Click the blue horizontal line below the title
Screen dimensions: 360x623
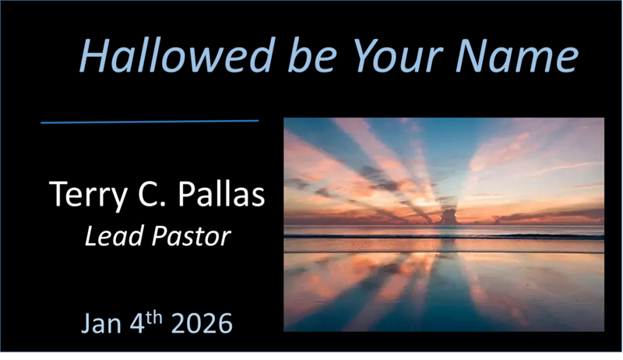pyautogui.click(x=149, y=122)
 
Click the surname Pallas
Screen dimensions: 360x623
pyautogui.click(x=221, y=195)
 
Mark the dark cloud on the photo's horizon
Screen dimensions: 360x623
pyautogui.click(x=451, y=215)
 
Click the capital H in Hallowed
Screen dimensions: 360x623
pyautogui.click(x=93, y=56)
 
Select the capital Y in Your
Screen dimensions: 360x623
pyautogui.click(x=359, y=56)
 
